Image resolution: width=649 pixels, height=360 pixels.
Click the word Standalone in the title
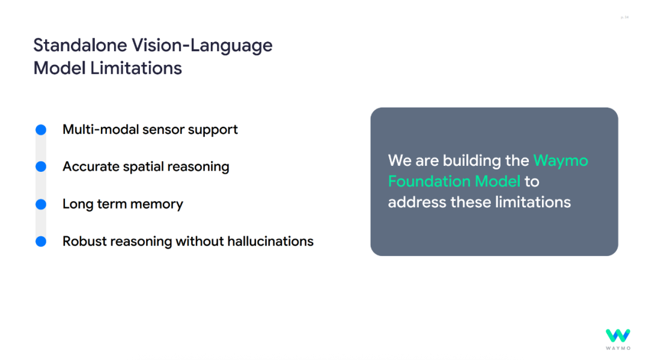(x=80, y=45)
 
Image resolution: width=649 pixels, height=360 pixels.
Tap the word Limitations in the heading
(x=136, y=69)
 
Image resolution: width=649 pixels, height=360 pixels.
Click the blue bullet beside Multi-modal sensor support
(x=41, y=130)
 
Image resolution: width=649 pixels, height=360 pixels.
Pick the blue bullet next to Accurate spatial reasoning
(x=41, y=166)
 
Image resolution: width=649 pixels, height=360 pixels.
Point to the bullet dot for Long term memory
(x=41, y=204)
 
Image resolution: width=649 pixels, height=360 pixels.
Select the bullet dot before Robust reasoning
(x=41, y=241)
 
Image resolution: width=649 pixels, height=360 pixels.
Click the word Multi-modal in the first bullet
(x=100, y=130)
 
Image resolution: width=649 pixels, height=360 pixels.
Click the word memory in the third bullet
(x=156, y=204)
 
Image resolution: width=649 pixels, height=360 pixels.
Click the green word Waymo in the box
(x=561, y=161)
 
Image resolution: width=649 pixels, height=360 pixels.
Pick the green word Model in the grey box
(x=498, y=182)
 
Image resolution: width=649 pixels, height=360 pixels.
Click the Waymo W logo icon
(x=618, y=335)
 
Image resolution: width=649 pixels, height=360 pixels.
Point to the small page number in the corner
(x=624, y=17)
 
